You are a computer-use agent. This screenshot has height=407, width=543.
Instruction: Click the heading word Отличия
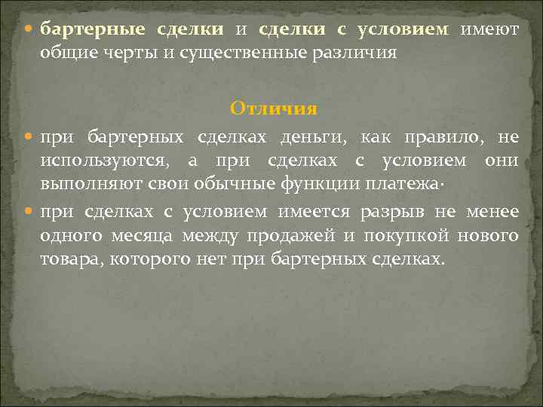(274, 109)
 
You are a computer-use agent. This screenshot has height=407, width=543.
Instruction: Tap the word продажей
(302, 235)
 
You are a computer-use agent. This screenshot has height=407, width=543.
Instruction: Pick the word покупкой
(406, 235)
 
